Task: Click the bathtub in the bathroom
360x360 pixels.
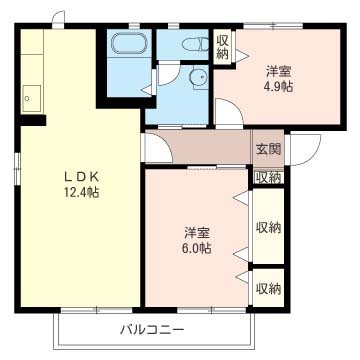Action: [x=128, y=45]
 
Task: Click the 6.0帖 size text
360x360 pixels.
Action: [x=196, y=247]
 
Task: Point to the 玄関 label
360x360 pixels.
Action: [x=267, y=149]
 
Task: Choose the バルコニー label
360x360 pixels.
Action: [x=152, y=328]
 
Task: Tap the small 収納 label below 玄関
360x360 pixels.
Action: [x=267, y=177]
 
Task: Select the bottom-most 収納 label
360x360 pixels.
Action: [x=267, y=288]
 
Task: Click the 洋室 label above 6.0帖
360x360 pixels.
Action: [x=196, y=231]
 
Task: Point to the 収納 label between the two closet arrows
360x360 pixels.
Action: [x=267, y=228]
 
